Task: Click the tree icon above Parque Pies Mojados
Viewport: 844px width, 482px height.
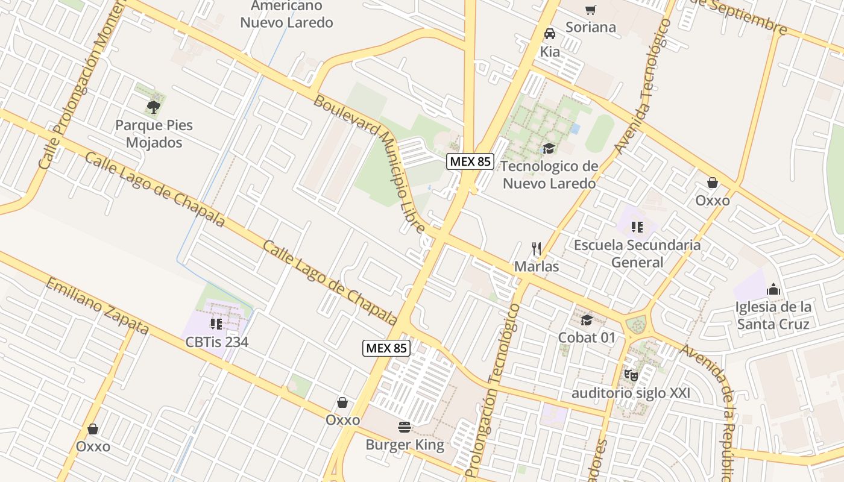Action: (x=153, y=107)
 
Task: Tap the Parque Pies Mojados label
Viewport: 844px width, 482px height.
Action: (x=154, y=134)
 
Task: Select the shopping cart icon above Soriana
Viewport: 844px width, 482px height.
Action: (x=590, y=10)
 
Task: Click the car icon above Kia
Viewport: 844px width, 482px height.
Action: (x=550, y=34)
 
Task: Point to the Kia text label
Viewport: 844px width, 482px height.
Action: (x=550, y=52)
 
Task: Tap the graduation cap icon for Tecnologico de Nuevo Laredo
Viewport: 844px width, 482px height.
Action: (x=549, y=148)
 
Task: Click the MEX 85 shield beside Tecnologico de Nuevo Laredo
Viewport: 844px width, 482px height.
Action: (x=470, y=161)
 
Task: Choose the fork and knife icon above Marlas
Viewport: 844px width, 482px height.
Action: (x=537, y=248)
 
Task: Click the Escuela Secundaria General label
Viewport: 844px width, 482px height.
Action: (x=637, y=254)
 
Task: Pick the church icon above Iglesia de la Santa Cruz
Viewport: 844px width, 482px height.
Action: (x=773, y=289)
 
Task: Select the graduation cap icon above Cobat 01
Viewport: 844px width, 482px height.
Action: (x=587, y=320)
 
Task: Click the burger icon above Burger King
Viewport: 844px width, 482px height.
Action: (x=405, y=427)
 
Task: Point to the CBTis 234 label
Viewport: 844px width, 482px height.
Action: (x=217, y=342)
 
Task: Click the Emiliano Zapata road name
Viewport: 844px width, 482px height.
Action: (x=96, y=306)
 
